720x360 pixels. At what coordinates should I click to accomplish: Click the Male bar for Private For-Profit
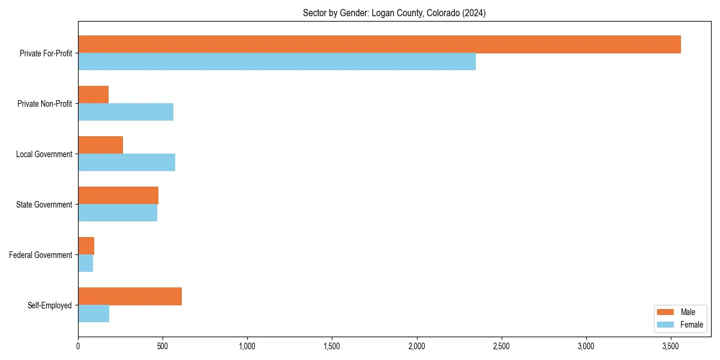[379, 44]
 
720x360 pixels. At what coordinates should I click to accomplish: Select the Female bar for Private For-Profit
[277, 62]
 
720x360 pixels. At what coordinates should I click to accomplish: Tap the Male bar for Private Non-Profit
[93, 95]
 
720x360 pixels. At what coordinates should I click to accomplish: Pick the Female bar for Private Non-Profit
[125, 112]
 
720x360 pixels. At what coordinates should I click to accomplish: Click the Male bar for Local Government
[100, 145]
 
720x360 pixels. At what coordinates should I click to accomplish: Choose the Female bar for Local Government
[127, 163]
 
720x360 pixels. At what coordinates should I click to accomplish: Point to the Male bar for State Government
[118, 196]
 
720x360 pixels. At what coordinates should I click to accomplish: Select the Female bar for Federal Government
[85, 263]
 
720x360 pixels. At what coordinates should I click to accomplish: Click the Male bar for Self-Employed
[130, 296]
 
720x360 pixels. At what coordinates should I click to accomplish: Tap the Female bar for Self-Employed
[94, 314]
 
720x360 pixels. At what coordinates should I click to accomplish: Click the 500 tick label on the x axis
[163, 346]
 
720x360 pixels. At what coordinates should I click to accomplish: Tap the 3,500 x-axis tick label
[670, 346]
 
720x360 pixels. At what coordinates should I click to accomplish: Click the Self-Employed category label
[49, 305]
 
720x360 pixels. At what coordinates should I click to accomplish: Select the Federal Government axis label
[41, 255]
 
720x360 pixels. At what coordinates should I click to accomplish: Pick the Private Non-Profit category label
[45, 104]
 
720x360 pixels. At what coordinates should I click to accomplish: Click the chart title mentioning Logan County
[394, 13]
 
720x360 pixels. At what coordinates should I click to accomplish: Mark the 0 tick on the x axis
[78, 346]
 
